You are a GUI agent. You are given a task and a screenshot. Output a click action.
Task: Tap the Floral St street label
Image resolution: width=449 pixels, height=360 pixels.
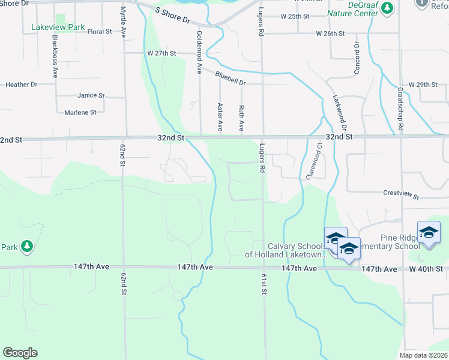[100, 31]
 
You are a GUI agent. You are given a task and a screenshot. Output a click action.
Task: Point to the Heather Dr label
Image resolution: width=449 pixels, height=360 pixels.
[22, 85]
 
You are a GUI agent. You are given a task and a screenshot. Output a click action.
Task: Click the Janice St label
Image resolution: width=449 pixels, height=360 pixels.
[91, 95]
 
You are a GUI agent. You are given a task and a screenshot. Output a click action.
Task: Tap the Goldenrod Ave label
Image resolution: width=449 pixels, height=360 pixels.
[199, 53]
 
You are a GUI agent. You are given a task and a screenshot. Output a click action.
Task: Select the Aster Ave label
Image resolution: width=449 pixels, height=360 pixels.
[220, 117]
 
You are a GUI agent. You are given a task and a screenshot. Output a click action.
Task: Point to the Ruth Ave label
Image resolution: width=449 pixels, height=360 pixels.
[241, 118]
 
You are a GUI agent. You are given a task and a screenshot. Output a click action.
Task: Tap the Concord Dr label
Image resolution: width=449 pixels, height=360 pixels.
[357, 58]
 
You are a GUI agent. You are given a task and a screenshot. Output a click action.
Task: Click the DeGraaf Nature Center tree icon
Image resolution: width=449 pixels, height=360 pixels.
[387, 8]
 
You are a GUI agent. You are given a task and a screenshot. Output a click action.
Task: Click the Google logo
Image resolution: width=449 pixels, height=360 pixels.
[20, 353]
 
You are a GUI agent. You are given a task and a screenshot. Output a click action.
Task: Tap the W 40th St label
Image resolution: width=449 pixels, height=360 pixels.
[426, 269]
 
